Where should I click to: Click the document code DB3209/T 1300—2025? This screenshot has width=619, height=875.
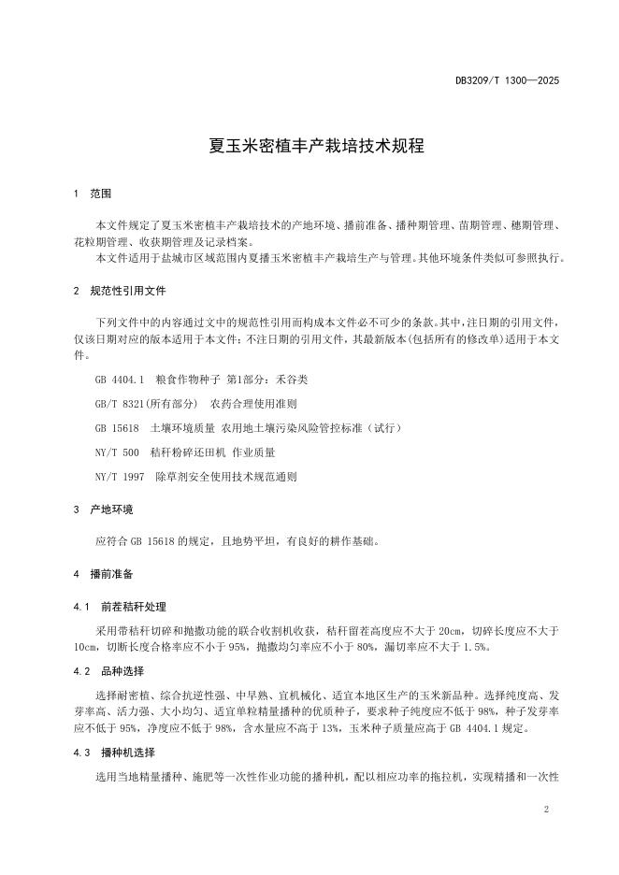pos(507,81)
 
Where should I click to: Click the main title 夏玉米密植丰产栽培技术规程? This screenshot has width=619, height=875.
pos(309,147)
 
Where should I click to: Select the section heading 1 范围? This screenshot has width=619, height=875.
pos(93,194)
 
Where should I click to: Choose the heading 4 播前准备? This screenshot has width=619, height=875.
pos(103,573)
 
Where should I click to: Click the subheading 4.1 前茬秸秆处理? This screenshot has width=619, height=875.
pos(120,607)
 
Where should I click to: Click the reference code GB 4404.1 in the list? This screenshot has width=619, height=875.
pos(117,380)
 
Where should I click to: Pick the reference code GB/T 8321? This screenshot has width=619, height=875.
pos(120,404)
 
